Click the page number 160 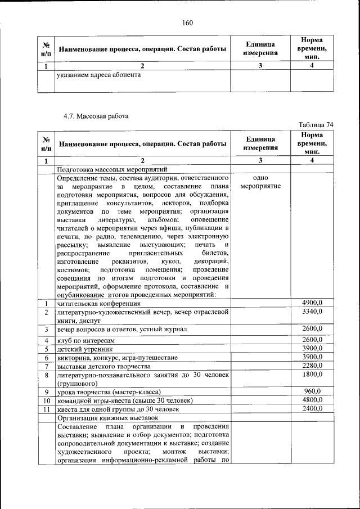click(x=187, y=22)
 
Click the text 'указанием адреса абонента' click(x=98, y=74)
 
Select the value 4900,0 click(x=312, y=304)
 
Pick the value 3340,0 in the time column click(x=312, y=312)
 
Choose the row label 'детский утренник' click(x=84, y=349)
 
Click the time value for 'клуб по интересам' click(x=312, y=340)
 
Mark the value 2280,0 click(x=312, y=366)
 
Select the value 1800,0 click(x=312, y=374)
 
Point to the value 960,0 click(x=312, y=391)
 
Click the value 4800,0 click(x=312, y=400)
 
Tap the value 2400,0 click(x=312, y=408)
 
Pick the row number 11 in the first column click(x=47, y=409)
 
